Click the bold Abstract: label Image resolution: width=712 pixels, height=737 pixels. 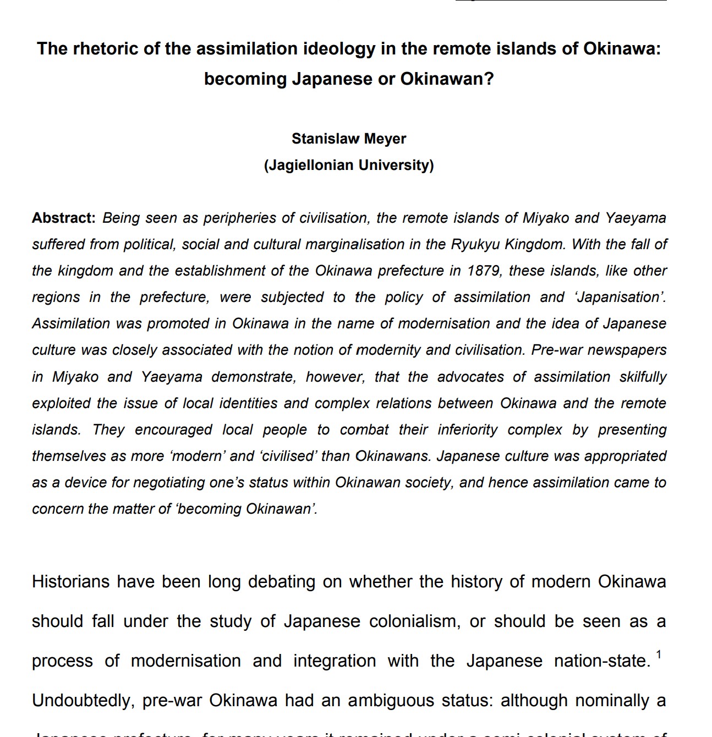(64, 218)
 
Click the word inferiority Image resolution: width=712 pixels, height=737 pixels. (468, 430)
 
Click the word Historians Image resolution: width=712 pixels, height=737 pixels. (71, 582)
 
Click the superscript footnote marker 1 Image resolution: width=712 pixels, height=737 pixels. (659, 654)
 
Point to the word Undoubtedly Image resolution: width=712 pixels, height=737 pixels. (83, 701)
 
